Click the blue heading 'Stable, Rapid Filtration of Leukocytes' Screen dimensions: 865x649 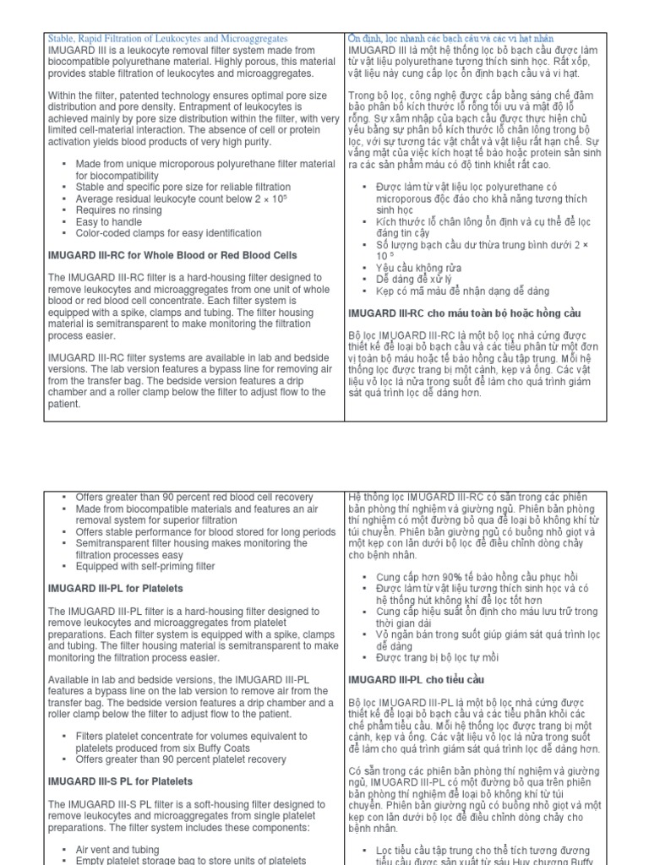pyautogui.click(x=167, y=39)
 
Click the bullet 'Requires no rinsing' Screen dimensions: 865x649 pyautogui.click(x=117, y=209)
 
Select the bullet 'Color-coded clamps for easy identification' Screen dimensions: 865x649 pyautogui.click(x=156, y=233)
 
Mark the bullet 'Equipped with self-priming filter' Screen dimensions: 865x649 pyautogui.click(x=145, y=566)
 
